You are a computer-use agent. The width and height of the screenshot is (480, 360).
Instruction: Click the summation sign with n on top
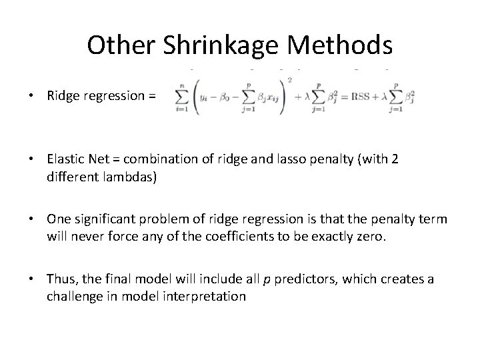click(181, 97)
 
